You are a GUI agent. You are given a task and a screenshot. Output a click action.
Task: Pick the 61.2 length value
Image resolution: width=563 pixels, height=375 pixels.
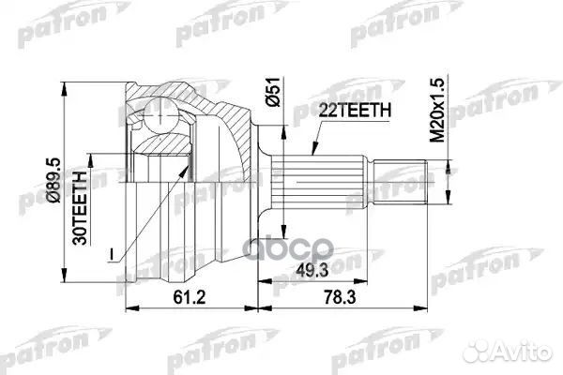[x=190, y=296]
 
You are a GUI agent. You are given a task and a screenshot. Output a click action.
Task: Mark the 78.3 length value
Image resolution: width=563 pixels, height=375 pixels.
[x=357, y=296]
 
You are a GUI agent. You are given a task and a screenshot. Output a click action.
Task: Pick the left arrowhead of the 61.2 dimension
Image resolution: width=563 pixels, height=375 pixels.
[x=129, y=306]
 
